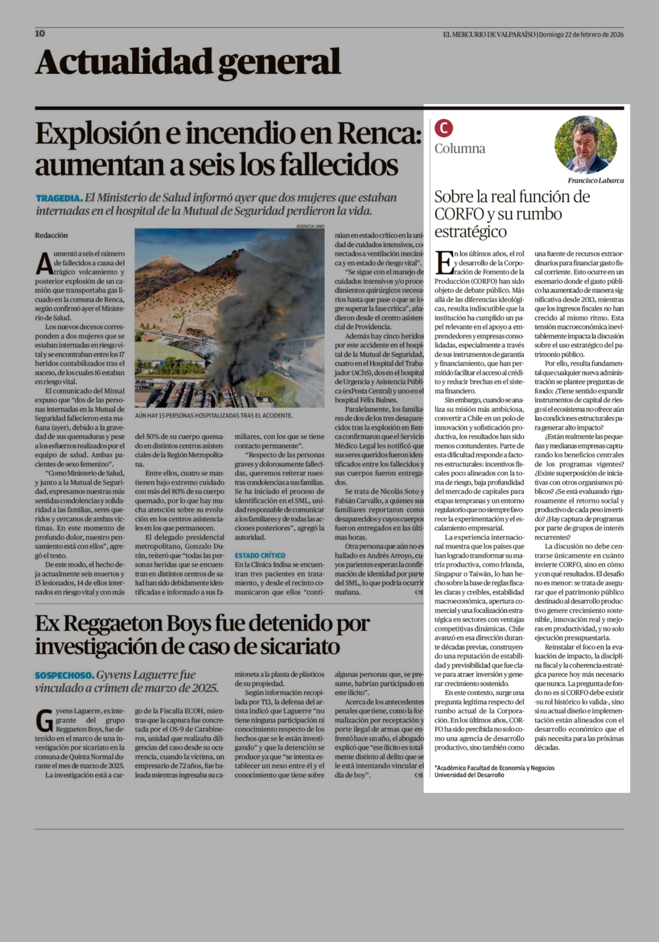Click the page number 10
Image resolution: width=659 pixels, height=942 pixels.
40,34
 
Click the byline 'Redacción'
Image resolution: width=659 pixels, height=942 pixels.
51,236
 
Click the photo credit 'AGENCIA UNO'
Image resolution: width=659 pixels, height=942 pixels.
310,226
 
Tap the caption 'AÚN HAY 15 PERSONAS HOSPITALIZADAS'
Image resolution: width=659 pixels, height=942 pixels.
214,416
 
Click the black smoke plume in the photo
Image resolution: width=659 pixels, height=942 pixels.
263,312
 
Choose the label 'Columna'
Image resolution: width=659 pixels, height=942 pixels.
460,149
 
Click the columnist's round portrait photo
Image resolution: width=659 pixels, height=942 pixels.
586,145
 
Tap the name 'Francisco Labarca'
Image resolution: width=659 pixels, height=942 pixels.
596,180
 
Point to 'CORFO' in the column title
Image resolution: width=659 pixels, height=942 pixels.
459,214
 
